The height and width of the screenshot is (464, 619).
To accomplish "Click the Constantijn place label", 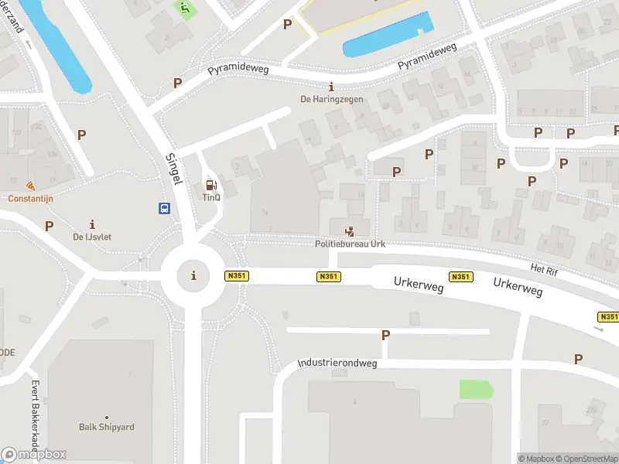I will pos(30,198).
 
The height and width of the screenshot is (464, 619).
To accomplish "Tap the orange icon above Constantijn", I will pos(30,186).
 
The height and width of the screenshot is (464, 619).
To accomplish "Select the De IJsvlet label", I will pos(92,237).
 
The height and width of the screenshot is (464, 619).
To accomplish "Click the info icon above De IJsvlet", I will pos(93,223).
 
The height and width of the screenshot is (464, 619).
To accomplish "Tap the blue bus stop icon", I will pos(165,207).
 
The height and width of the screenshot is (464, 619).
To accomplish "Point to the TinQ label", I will pos(210,197).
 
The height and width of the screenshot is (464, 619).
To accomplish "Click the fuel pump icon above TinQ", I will pos(210,185).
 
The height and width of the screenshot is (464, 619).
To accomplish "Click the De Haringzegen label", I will pos(331,99).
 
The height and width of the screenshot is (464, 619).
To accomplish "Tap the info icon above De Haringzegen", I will pos(331,86).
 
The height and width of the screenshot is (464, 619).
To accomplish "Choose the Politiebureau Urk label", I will pos(350,244).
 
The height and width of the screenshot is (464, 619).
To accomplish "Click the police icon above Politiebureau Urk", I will pos(350,230).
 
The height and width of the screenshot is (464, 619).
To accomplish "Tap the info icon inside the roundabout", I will pos(193,275).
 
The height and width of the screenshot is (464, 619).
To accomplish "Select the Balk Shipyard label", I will pos(107,427).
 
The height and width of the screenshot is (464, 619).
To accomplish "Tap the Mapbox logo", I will pos(34,455).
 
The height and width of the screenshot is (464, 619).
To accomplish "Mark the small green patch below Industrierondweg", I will pos(475,390).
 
